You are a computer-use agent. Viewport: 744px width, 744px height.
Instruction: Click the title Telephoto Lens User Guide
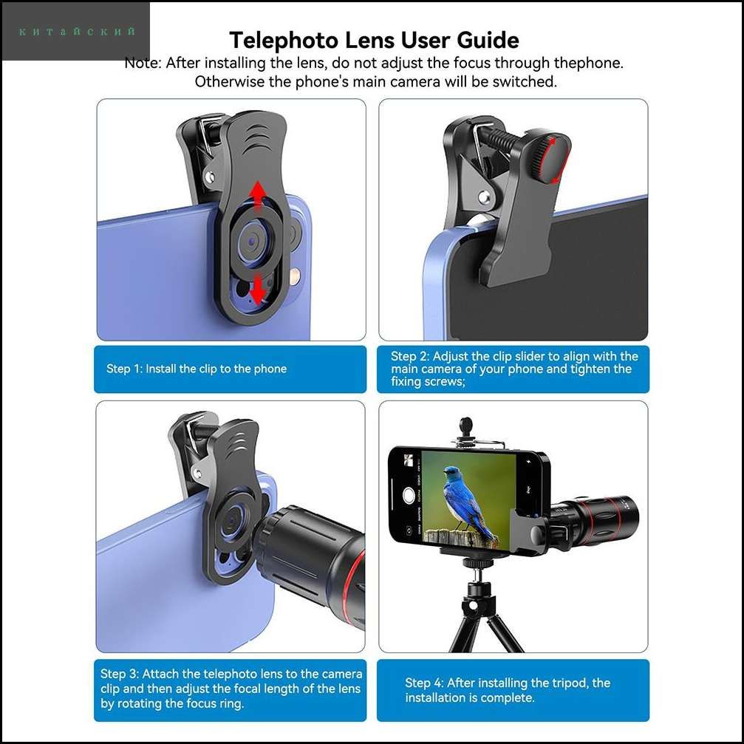[x=374, y=40]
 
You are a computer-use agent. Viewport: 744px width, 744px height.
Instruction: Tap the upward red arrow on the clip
[x=258, y=195]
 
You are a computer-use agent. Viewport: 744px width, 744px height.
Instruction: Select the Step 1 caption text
[x=197, y=369]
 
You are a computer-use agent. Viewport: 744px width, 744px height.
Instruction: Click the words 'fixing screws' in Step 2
[x=426, y=381]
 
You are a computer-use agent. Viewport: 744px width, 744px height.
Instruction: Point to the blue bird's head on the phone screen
[x=453, y=473]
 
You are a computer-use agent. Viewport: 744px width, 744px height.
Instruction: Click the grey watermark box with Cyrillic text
[x=76, y=31]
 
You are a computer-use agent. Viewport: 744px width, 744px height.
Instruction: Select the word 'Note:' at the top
[x=143, y=63]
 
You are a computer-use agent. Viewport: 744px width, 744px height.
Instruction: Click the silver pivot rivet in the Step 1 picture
[x=209, y=177]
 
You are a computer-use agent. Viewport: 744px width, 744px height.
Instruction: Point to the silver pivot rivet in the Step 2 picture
[x=483, y=196]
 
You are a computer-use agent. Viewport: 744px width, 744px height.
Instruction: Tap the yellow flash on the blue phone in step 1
[x=296, y=276]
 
